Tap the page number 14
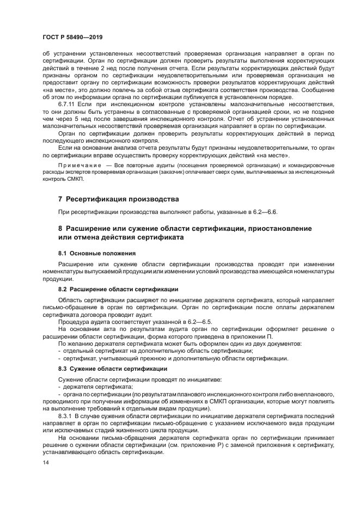pyautogui.click(x=46, y=462)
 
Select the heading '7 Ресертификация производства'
pyautogui.click(x=118, y=199)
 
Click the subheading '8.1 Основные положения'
pyautogui.click(x=97, y=254)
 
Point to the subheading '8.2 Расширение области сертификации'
pyautogui.click(x=118, y=289)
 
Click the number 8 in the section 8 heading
pyautogui.click(x=60, y=228)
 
